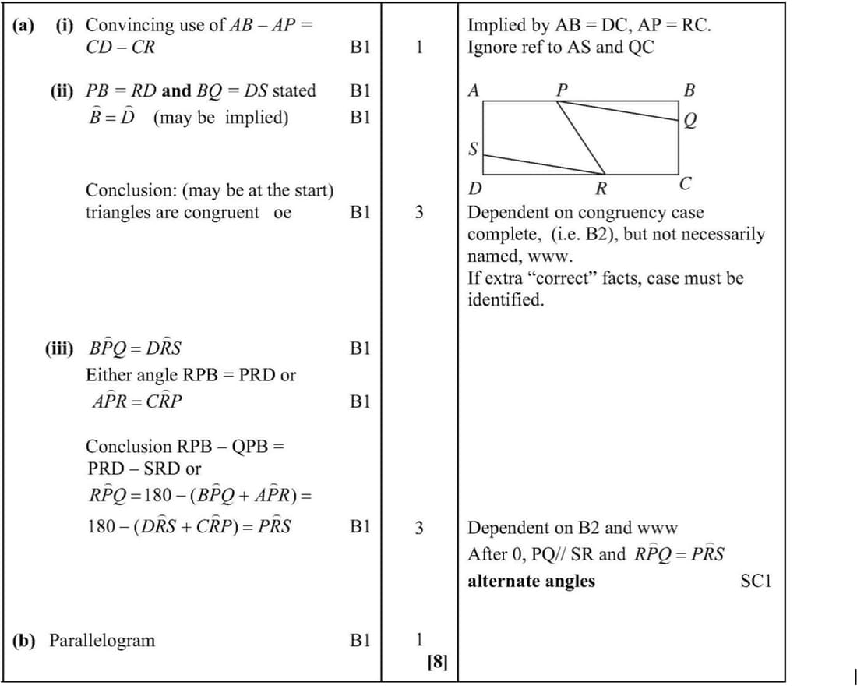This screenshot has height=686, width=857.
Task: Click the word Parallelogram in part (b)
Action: pos(102,641)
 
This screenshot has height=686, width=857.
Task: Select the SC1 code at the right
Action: pos(756,581)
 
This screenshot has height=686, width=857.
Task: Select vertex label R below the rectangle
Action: pos(601,188)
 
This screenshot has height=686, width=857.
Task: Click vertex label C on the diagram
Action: pos(685,185)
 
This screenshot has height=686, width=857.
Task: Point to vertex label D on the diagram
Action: pos(474,189)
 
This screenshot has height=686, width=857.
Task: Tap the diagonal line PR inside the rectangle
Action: pos(582,137)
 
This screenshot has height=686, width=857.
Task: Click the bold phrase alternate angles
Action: pos(531,581)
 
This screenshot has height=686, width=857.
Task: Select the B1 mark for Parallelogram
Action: pos(359,641)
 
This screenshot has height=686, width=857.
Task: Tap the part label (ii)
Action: pos(63,90)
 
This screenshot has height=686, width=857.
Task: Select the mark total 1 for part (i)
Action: pos(419,47)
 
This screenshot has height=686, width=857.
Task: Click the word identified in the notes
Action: pos(505,300)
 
